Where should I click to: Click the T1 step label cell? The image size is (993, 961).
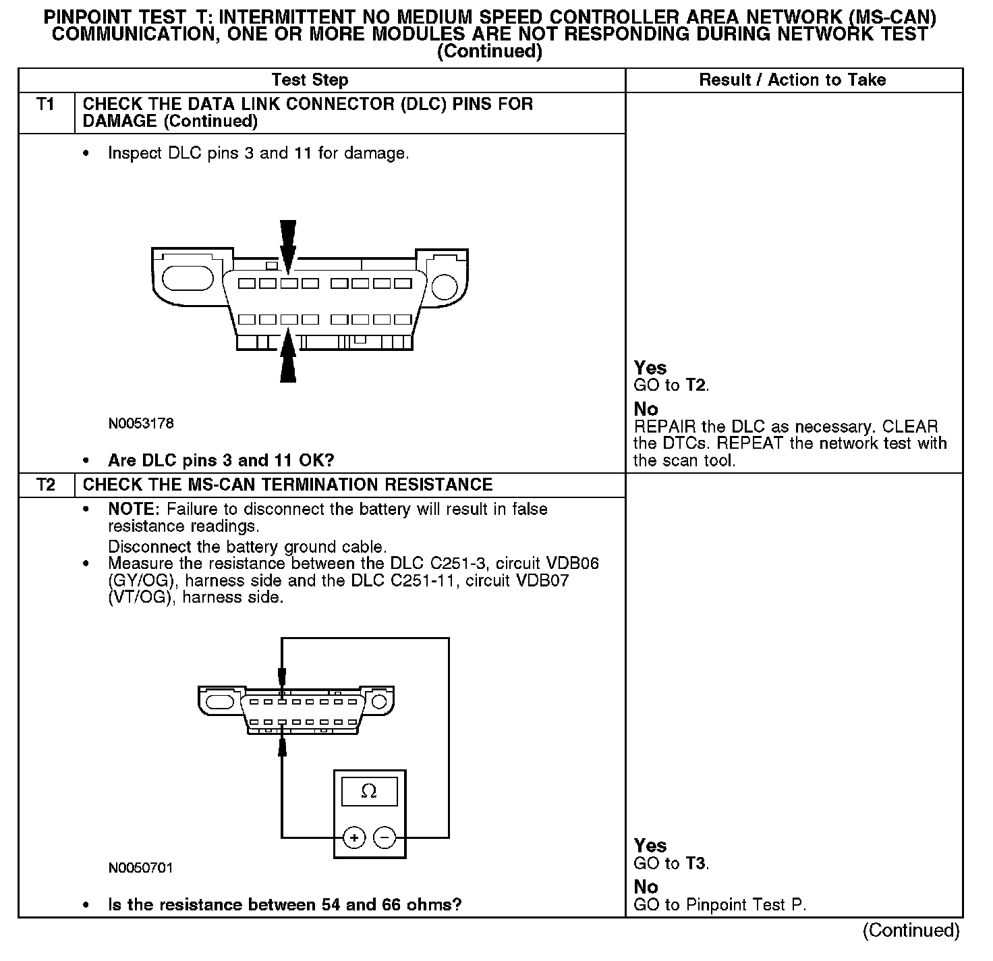pos(45,105)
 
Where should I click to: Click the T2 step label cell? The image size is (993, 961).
pos(45,485)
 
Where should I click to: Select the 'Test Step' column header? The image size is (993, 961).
pos(310,80)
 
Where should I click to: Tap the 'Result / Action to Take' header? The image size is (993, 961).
pos(792,80)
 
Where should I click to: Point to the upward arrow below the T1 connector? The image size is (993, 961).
pos(288,356)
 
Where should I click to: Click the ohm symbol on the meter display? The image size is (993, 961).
pos(369,792)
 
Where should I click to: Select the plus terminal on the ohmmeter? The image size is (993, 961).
pos(354,838)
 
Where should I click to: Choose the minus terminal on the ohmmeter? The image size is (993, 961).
pos(385,838)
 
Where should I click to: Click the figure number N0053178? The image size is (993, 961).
pos(141,424)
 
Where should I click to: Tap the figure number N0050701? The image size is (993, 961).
pos(141,868)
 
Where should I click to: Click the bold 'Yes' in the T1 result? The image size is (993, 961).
pos(650,368)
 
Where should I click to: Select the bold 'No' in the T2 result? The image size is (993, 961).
pos(646,887)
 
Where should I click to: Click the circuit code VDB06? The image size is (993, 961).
pos(570,564)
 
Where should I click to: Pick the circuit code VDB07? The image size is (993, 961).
pos(541,580)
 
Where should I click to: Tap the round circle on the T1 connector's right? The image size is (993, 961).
pos(444,287)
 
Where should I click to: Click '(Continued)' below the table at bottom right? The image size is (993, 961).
pos(911,931)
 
